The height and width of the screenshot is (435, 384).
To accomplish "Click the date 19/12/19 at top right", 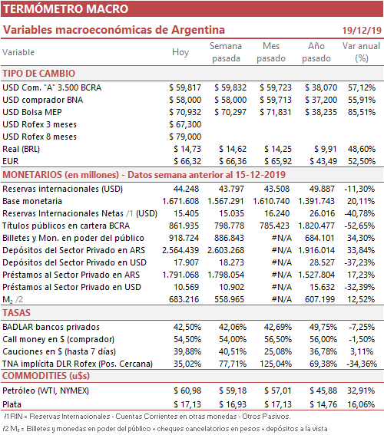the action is click(x=362, y=30).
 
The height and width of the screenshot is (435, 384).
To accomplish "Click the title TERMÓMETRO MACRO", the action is click(x=65, y=9).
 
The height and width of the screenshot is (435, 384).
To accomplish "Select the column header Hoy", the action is click(x=180, y=52).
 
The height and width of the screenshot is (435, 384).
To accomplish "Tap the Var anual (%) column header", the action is click(x=361, y=52).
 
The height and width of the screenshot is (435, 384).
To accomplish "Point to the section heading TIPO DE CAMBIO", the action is click(x=39, y=73).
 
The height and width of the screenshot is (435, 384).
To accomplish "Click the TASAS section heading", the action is click(x=16, y=313).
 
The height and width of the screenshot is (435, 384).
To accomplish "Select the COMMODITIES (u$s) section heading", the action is click(x=46, y=376).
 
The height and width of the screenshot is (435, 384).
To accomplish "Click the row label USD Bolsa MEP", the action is click(x=32, y=112).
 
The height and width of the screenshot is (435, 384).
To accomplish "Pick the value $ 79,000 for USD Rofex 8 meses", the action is click(x=185, y=137).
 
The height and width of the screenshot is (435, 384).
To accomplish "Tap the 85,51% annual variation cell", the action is click(x=362, y=112).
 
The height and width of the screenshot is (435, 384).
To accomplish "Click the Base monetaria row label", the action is click(x=32, y=201).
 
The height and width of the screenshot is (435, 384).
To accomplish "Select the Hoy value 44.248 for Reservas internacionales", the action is click(x=186, y=189).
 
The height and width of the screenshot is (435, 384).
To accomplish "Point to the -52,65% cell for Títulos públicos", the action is click(x=359, y=226).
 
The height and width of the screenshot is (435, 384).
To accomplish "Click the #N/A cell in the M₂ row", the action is click(x=282, y=299).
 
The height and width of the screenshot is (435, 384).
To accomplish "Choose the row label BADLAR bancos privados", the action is click(x=51, y=327).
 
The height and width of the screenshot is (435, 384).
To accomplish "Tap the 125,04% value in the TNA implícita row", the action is click(x=276, y=364).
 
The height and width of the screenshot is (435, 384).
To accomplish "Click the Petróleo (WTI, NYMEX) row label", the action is click(x=46, y=391).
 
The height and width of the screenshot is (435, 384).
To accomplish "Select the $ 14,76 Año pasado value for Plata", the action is click(x=323, y=404).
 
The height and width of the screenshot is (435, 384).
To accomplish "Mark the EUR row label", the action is click(x=11, y=161).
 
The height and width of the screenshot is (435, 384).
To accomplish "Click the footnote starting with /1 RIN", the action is click(x=147, y=417).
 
